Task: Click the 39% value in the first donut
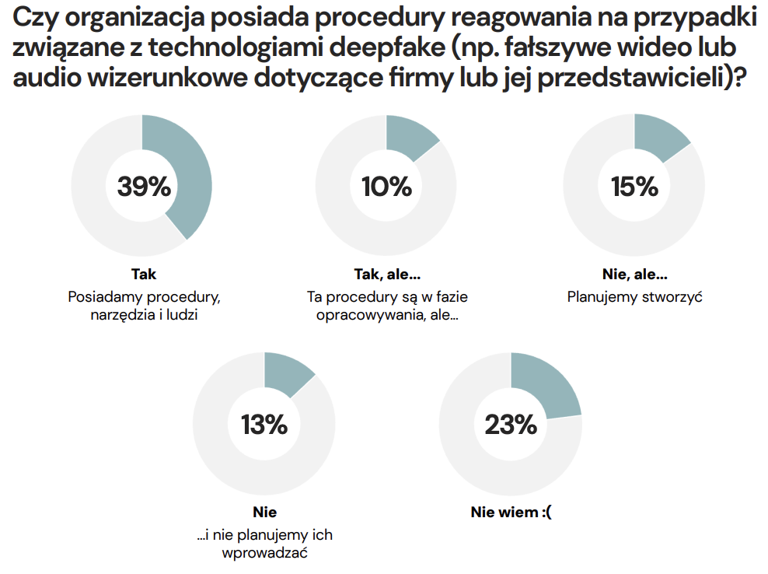point(144,187)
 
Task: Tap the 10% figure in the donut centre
point(386,187)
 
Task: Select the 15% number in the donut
point(634,187)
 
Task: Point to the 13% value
point(264,425)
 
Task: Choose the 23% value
point(511,425)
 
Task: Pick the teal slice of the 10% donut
point(410,135)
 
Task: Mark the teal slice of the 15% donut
point(659,137)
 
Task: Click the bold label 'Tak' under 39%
point(144,275)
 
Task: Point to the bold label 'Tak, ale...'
point(386,275)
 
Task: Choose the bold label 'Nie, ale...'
point(634,275)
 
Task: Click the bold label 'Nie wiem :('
point(511,512)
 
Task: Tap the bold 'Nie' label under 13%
point(264,512)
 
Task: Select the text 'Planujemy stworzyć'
point(634,296)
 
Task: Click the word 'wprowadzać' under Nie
point(264,555)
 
